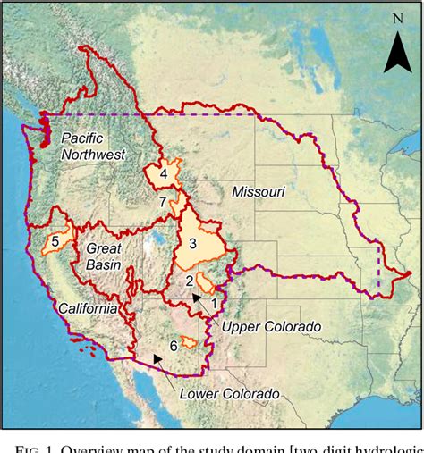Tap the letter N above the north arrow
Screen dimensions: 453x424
pyautogui.click(x=397, y=18)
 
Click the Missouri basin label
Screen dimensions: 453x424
pyautogui.click(x=258, y=192)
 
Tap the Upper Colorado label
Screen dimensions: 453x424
pyautogui.click(x=270, y=327)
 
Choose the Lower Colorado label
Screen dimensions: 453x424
pyautogui.click(x=229, y=393)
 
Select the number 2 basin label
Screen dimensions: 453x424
pyautogui.click(x=189, y=281)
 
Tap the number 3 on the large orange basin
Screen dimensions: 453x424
pyautogui.click(x=192, y=241)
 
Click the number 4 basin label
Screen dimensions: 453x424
pyautogui.click(x=165, y=174)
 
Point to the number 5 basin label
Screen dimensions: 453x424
pyautogui.click(x=55, y=241)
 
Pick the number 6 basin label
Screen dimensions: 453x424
pyautogui.click(x=174, y=345)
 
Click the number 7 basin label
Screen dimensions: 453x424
pyautogui.click(x=162, y=203)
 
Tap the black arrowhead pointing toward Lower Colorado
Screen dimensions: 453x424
pyautogui.click(x=157, y=358)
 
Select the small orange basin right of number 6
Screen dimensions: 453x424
pyautogui.click(x=189, y=341)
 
